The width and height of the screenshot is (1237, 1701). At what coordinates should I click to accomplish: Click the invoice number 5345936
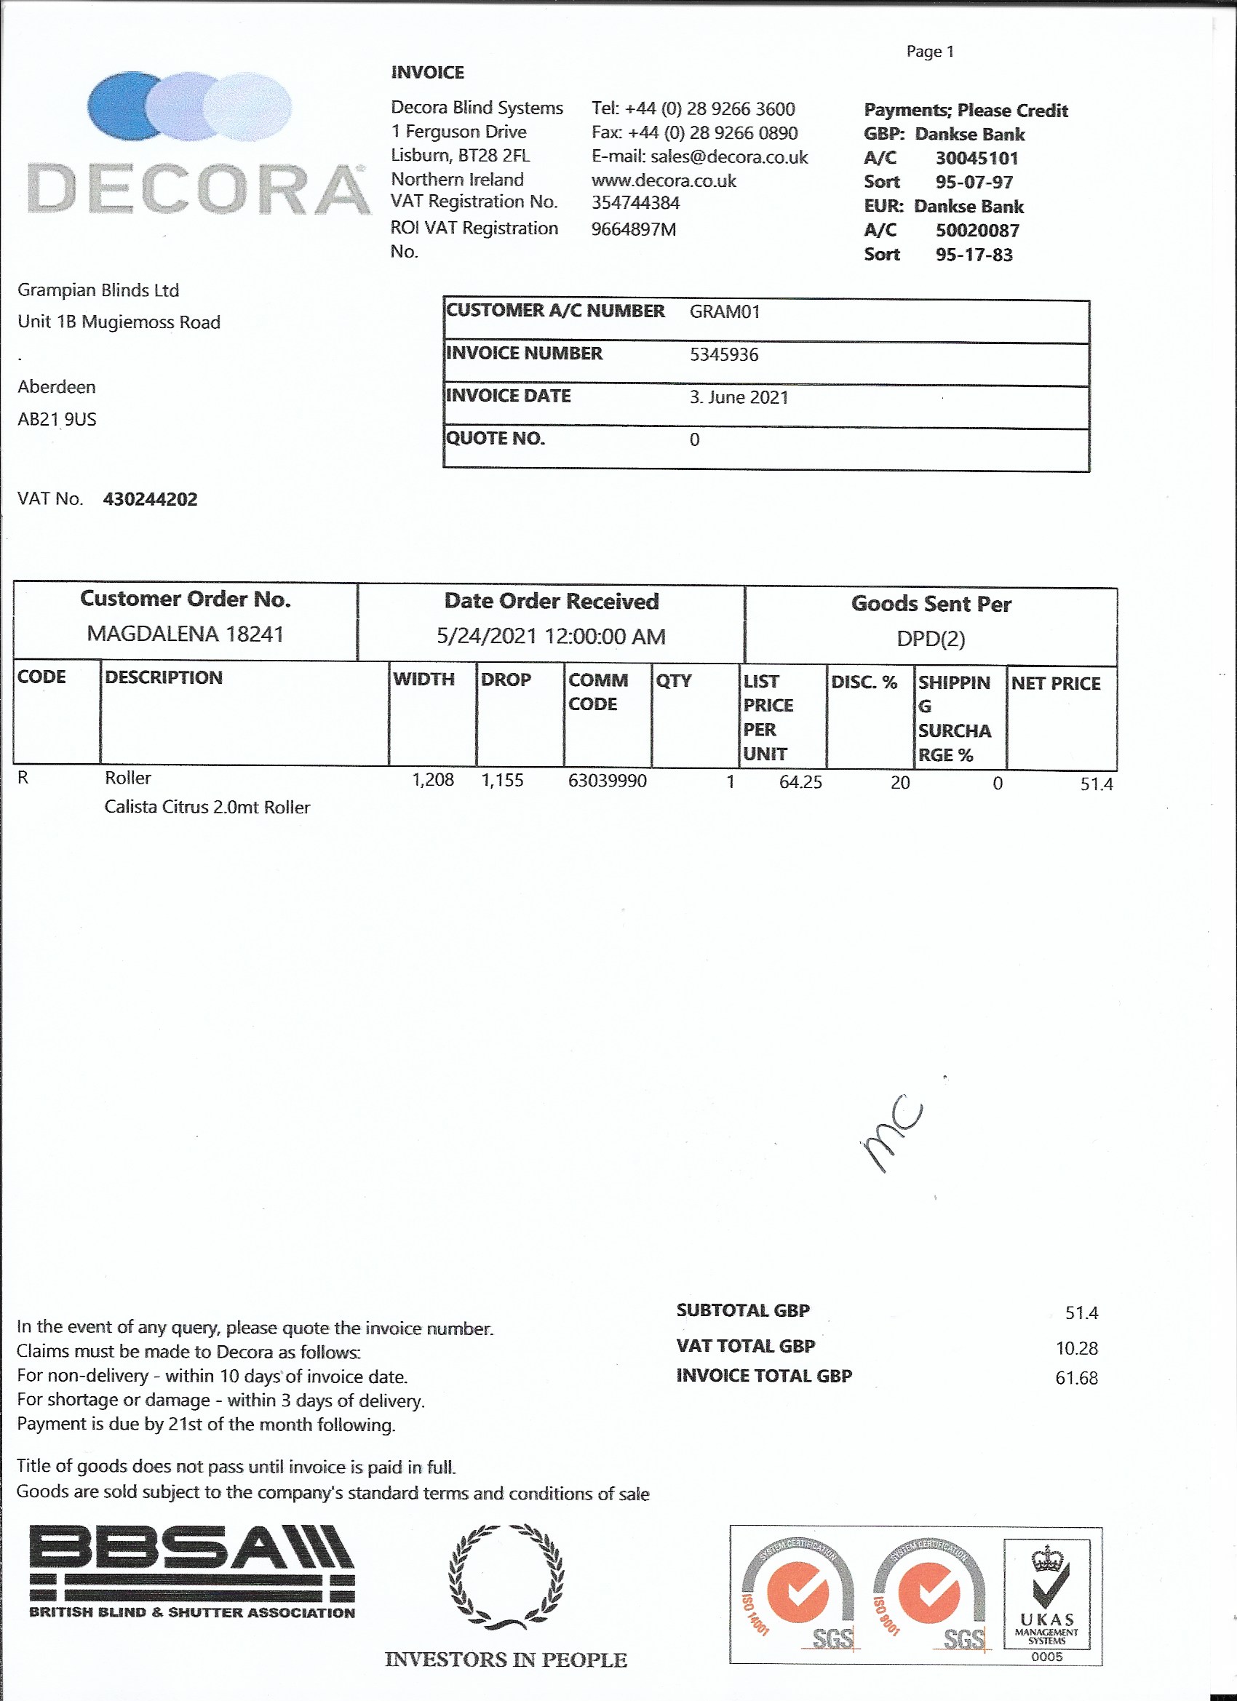pos(724,355)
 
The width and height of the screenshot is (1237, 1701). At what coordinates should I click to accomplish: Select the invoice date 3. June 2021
pos(739,397)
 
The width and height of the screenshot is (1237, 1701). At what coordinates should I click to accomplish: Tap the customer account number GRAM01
pos(725,312)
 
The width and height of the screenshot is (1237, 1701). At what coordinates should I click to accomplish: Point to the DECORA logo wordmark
pos(199,189)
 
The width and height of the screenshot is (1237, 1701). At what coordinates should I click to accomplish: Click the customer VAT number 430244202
pos(150,500)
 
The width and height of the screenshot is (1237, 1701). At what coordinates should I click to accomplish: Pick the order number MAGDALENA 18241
pos(186,634)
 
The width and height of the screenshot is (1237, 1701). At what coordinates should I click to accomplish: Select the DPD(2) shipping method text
pos(930,639)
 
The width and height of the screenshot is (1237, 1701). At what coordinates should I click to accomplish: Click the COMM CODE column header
pos(598,692)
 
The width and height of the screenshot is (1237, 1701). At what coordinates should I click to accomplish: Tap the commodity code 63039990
pos(607,781)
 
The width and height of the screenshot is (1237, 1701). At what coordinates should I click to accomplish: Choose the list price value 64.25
pos(800,782)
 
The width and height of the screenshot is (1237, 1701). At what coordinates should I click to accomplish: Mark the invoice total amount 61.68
pos(1075,1379)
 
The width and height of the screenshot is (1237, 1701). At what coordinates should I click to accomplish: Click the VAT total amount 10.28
pos(1076,1348)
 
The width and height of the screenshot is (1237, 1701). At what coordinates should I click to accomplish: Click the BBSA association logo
pos(192,1572)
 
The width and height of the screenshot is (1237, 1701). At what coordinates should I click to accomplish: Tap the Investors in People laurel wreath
pos(506,1577)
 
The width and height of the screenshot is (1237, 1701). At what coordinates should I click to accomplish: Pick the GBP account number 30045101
pos(977,159)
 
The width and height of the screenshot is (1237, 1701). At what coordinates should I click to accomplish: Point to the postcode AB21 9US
pos(57,419)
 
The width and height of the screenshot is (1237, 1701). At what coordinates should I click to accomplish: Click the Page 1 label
pos(929,52)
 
